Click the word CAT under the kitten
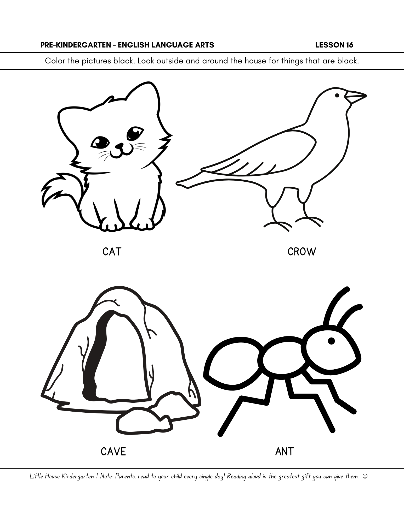[112, 252]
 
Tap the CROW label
[301, 252]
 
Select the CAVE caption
[113, 452]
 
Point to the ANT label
[284, 452]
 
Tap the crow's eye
[337, 96]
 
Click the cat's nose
[119, 145]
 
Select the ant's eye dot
[331, 341]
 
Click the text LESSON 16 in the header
[334, 45]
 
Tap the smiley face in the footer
[365, 476]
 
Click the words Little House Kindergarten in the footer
[62, 477]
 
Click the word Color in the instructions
[54, 61]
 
